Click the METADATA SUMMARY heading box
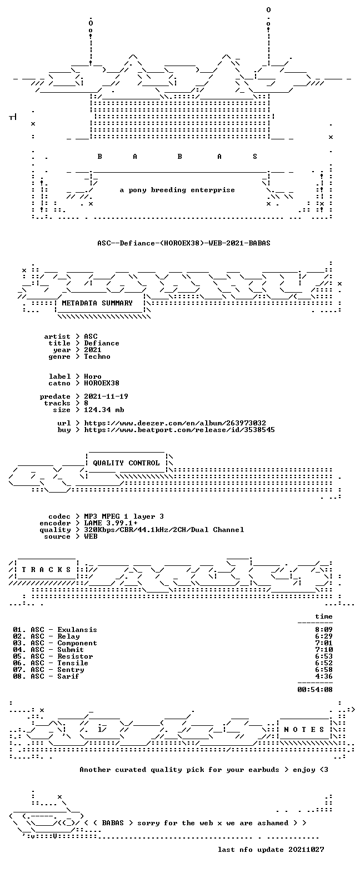(100, 303)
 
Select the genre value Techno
(97, 357)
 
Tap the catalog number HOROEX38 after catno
(102, 383)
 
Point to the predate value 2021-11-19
(106, 397)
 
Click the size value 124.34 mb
(104, 410)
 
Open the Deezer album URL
(175, 423)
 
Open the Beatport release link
(179, 430)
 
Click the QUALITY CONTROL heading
(126, 463)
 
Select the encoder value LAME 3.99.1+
(111, 523)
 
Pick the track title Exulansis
(77, 630)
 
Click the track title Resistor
(75, 656)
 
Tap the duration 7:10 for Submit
(324, 650)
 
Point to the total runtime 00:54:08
(315, 689)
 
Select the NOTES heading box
(304, 730)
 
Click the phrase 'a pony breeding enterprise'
(177, 190)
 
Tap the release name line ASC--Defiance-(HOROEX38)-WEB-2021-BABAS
(184, 243)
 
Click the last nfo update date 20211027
(306, 850)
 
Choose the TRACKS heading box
(46, 570)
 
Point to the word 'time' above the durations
(324, 616)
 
